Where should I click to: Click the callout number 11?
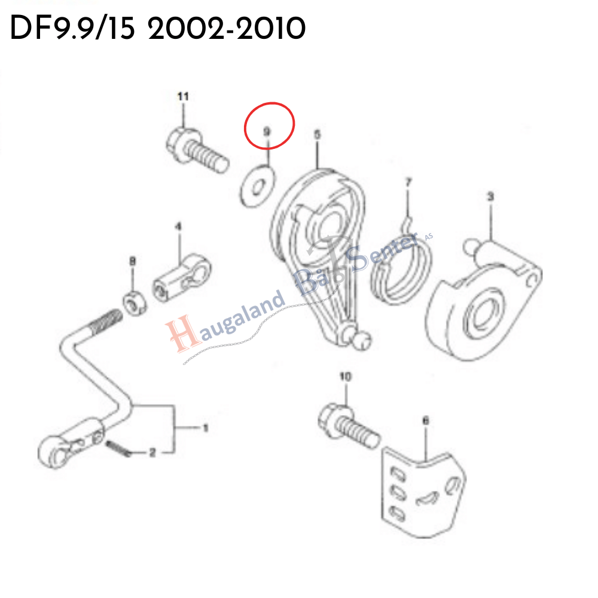[x=183, y=96]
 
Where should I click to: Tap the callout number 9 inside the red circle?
[x=267, y=129]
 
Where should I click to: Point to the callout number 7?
[x=408, y=181]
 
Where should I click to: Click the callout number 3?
[x=490, y=196]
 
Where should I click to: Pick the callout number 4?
[x=178, y=227]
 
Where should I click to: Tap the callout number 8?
[x=133, y=261]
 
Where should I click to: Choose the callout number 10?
[x=346, y=377]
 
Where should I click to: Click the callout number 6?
[x=425, y=421]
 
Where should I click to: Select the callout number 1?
[x=205, y=428]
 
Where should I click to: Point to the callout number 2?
[x=152, y=453]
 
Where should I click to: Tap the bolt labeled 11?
[x=197, y=150]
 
